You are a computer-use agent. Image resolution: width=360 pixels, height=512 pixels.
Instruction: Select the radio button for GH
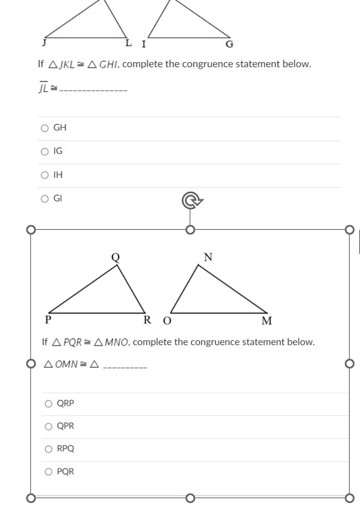45,128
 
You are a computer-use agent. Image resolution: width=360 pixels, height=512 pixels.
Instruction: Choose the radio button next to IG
45,150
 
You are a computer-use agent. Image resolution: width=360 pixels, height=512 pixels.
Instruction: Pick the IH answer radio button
45,175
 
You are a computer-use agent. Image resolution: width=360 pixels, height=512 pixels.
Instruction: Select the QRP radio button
48,404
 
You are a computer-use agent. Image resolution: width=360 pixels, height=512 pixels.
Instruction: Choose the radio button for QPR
48,426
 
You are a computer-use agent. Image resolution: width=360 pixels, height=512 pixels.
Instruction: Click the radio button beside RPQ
48,449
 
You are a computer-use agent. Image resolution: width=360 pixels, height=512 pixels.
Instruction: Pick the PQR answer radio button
48,472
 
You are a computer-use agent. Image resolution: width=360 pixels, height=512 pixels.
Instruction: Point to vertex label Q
115,257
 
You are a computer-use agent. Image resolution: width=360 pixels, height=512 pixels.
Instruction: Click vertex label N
208,257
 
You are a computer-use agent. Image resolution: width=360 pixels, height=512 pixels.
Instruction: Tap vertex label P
48,319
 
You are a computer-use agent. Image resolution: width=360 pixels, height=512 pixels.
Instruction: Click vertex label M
267,320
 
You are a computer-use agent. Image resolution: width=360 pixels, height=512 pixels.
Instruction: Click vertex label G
230,45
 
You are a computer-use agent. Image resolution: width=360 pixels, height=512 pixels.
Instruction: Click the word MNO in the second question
117,342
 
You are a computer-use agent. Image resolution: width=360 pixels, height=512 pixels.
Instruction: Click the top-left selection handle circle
30,230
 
